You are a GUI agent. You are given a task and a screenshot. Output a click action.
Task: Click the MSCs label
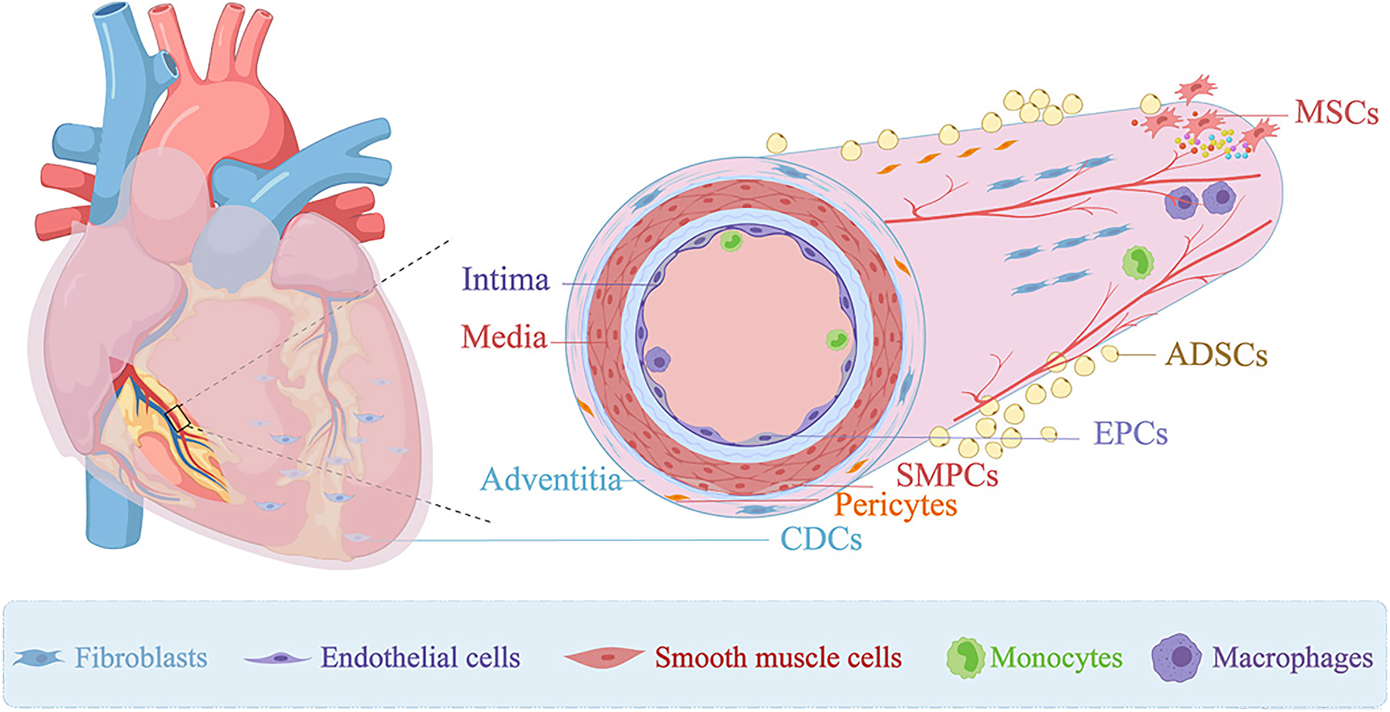1336,113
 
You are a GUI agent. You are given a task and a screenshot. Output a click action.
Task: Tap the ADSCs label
1216,355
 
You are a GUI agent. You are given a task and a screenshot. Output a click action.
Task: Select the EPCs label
1130,434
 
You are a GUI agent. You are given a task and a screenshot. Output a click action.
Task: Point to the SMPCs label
947,476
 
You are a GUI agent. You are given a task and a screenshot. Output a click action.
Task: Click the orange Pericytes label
895,506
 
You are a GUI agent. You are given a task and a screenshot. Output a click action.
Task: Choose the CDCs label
820,539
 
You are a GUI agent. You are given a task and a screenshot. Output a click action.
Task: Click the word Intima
505,280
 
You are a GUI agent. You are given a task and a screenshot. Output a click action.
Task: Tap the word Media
504,337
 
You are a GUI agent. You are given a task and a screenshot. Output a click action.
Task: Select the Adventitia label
551,480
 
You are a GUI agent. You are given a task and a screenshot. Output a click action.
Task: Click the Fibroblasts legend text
141,658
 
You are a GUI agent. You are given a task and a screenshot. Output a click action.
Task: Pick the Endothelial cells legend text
420,658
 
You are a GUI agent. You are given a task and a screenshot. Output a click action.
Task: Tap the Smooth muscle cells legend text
778,658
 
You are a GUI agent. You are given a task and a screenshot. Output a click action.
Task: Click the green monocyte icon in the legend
965,658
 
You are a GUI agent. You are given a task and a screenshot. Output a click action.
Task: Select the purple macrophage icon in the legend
1176,658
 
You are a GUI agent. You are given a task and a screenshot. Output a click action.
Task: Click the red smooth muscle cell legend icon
604,658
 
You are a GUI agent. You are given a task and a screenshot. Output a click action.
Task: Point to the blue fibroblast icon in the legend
38,658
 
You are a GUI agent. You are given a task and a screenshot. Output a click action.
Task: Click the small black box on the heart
178,417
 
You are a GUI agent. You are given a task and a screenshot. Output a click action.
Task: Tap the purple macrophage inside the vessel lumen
658,360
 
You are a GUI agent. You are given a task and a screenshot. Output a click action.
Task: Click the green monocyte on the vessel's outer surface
1138,262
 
